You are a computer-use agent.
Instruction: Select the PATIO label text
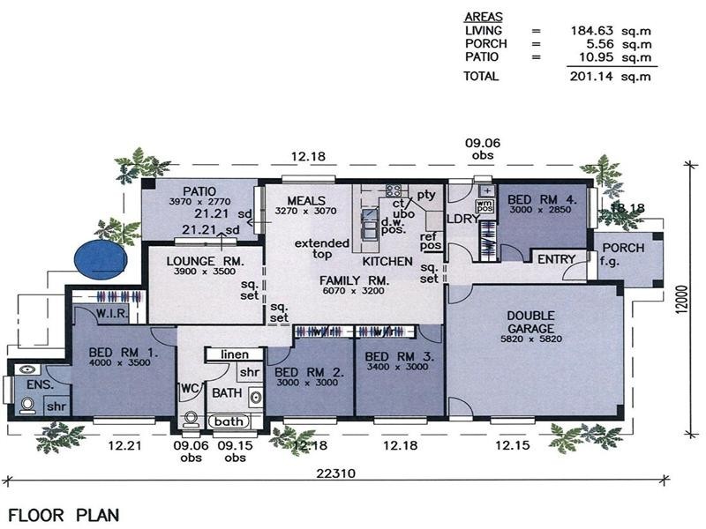click(x=199, y=190)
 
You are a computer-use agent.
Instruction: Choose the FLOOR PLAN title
click(x=64, y=514)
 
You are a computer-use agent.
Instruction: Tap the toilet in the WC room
click(x=191, y=418)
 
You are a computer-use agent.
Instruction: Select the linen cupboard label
click(x=235, y=354)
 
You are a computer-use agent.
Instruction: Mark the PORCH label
click(x=622, y=248)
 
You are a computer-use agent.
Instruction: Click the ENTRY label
click(x=556, y=259)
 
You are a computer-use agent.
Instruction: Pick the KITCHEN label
click(x=387, y=262)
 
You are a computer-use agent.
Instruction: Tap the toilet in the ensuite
click(x=26, y=405)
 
